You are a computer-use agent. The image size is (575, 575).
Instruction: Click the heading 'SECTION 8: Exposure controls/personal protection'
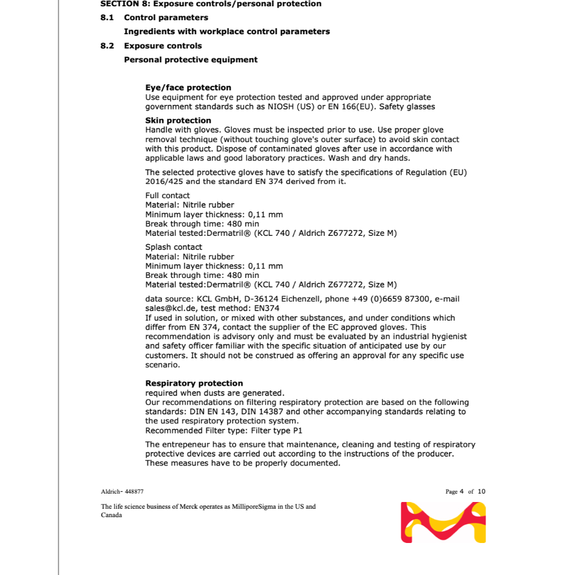(x=211, y=4)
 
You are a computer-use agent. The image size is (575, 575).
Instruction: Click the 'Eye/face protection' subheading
(x=188, y=88)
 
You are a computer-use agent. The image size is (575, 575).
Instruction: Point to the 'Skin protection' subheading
(x=178, y=120)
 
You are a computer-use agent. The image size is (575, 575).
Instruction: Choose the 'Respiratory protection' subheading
(x=194, y=383)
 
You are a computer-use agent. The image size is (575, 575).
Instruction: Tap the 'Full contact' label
(x=167, y=195)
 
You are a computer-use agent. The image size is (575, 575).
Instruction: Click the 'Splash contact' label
(x=174, y=247)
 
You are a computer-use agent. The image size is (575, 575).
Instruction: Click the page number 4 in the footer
(x=462, y=491)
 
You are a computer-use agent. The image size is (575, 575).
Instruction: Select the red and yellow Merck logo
(x=443, y=522)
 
